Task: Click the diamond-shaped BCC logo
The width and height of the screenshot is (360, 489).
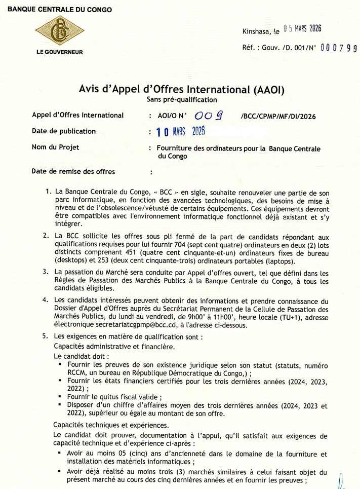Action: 60,30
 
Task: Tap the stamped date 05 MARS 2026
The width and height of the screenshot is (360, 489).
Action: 302,28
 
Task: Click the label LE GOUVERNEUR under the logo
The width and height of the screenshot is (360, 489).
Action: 59,52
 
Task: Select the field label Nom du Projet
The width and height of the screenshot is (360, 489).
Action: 55,147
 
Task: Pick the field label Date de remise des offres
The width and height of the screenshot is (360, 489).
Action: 73,171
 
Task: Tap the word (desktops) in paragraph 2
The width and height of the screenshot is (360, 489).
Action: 70,261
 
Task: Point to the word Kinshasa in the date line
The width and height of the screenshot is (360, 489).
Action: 256,31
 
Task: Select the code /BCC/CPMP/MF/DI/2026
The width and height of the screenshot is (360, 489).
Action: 279,117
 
